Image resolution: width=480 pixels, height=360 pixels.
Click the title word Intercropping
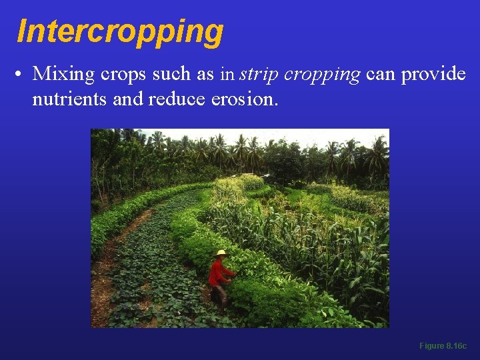pyautogui.click(x=120, y=31)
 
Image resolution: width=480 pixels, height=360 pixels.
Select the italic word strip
pyautogui.click(x=259, y=74)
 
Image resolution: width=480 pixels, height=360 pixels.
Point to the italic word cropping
pyautogui.click(x=322, y=74)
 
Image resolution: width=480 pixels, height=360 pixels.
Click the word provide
pyautogui.click(x=433, y=74)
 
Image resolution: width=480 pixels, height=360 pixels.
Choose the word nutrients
pyautogui.click(x=65, y=99)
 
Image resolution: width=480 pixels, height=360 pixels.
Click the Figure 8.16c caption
pyautogui.click(x=443, y=346)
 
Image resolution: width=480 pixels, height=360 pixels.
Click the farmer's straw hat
pyautogui.click(x=221, y=253)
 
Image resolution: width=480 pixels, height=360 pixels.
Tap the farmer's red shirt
pyautogui.click(x=219, y=272)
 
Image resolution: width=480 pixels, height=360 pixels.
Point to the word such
pyautogui.click(x=171, y=74)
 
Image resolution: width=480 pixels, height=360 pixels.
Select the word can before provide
pyautogui.click(x=380, y=74)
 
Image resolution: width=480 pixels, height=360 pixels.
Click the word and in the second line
pyautogui.click(x=130, y=99)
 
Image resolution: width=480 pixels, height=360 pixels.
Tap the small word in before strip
pyautogui.click(x=228, y=74)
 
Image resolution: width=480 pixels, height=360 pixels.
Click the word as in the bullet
pyautogui.click(x=205, y=74)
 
